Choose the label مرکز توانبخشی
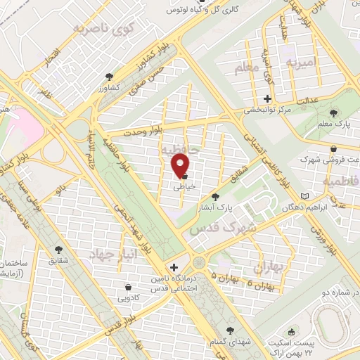pyautogui.click(x=267, y=110)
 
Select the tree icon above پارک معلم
pyautogui.click(x=333, y=113)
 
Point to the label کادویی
pyautogui.click(x=127, y=297)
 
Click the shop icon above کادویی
pyautogui.click(x=127, y=286)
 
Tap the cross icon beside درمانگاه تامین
pyautogui.click(x=174, y=268)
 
